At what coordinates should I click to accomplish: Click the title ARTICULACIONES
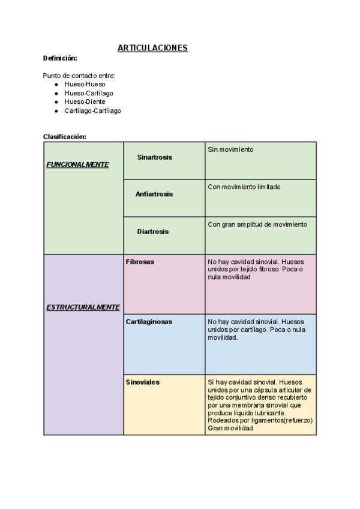click(x=152, y=48)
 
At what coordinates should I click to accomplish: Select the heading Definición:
click(x=60, y=58)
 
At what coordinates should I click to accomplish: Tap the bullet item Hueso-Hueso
click(x=85, y=85)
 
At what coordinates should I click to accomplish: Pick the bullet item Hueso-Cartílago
click(x=89, y=93)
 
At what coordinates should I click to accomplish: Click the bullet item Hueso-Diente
click(x=85, y=102)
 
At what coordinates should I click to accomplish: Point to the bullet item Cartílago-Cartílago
click(x=92, y=110)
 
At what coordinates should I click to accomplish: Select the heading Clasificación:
click(x=65, y=136)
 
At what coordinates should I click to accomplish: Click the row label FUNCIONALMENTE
click(x=77, y=164)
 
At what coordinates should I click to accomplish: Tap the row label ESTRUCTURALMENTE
click(x=83, y=307)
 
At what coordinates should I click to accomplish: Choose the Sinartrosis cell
click(x=154, y=157)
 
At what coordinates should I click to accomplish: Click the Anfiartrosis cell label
click(x=154, y=194)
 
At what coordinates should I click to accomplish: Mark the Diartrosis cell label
click(x=152, y=232)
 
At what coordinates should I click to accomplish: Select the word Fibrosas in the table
click(x=140, y=262)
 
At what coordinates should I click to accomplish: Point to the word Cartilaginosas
click(x=149, y=322)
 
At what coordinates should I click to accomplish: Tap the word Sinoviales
click(x=143, y=382)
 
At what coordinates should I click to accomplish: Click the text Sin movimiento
click(x=230, y=149)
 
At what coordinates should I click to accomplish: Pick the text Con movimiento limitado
click(x=243, y=187)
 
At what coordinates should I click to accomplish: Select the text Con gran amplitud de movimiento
click(x=257, y=224)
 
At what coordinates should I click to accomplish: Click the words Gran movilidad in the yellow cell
click(x=231, y=429)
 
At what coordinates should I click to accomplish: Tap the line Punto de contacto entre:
click(x=79, y=76)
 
